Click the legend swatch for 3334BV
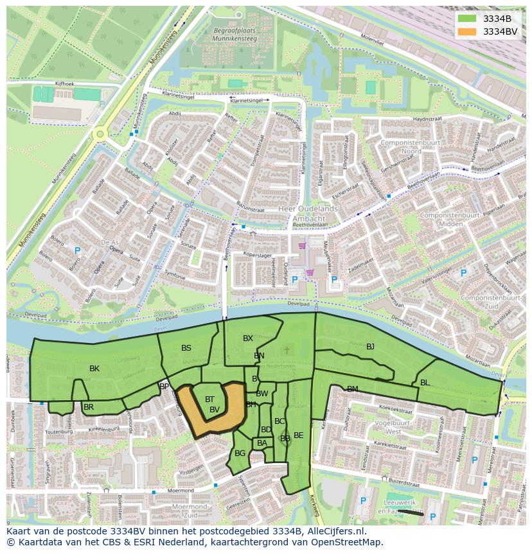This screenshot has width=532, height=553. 467,31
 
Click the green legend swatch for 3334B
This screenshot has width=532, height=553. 467,19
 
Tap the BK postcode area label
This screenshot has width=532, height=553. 94,369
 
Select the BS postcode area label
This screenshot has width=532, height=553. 186,348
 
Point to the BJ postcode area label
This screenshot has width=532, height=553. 370,347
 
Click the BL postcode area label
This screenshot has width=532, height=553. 425,382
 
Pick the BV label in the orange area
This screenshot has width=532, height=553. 215,409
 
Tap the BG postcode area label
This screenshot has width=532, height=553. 240,453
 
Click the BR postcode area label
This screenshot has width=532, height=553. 89,407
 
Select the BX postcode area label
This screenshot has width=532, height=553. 248,338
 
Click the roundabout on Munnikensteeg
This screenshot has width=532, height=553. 100,134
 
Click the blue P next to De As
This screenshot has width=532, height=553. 77,250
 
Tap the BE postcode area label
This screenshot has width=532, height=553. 298,435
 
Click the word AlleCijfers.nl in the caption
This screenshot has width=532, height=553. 335,531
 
